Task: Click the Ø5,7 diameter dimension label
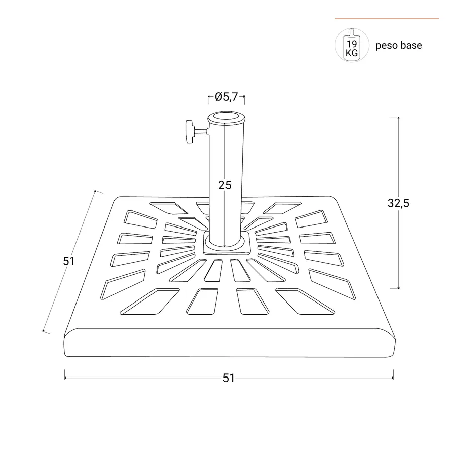tap(226, 97)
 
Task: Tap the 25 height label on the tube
tap(225, 185)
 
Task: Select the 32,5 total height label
tap(399, 203)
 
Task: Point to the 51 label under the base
tap(229, 378)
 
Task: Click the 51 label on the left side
tap(69, 261)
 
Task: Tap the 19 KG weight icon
tap(352, 45)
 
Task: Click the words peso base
tap(399, 46)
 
